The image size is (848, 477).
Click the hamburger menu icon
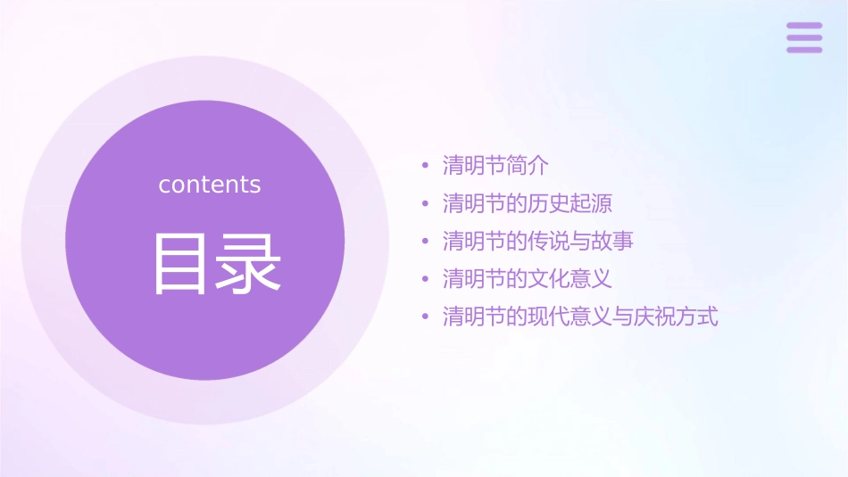pyautogui.click(x=803, y=37)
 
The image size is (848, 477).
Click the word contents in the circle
pyautogui.click(x=210, y=185)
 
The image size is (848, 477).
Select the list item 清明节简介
pyautogui.click(x=495, y=166)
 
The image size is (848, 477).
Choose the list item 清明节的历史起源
pyautogui.click(x=527, y=203)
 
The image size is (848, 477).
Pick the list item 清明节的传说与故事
pyautogui.click(x=537, y=241)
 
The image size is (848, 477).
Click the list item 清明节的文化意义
pyautogui.click(x=527, y=279)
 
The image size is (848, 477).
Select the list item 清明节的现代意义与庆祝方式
pyautogui.click(x=580, y=317)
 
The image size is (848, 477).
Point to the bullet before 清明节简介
pyautogui.click(x=426, y=166)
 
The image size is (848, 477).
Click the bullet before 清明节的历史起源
pyautogui.click(x=426, y=203)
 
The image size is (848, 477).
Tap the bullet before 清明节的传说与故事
pyautogui.click(x=426, y=241)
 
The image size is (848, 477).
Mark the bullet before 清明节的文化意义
pyautogui.click(x=426, y=279)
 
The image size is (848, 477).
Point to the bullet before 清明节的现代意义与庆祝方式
pyautogui.click(x=426, y=317)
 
